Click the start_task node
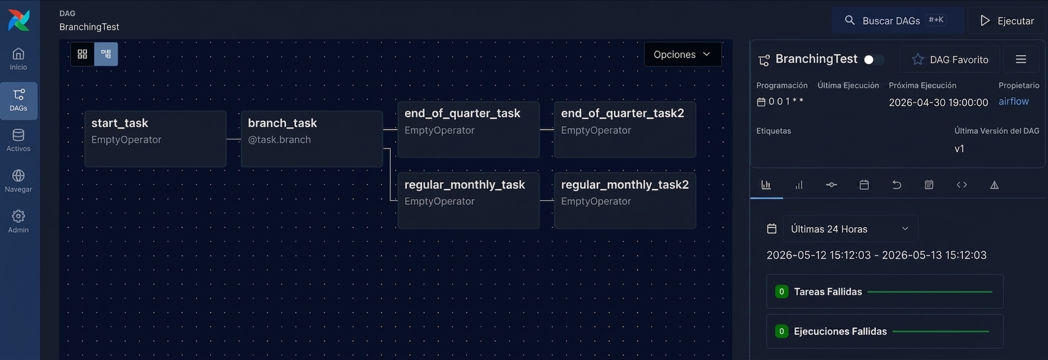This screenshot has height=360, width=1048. click(x=155, y=139)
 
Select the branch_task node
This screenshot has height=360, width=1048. click(x=312, y=139)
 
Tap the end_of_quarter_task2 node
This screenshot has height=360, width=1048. click(x=625, y=129)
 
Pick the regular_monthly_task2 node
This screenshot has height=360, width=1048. click(x=625, y=200)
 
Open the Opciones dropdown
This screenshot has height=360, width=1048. click(x=683, y=54)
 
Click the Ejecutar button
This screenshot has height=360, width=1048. click(x=1007, y=21)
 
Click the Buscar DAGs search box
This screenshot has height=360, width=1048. click(x=898, y=21)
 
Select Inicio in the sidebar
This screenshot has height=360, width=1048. click(x=18, y=59)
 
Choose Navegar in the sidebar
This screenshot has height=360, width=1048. click(x=18, y=181)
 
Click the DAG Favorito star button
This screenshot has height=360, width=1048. click(x=950, y=59)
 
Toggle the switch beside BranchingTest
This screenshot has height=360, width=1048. click(x=874, y=60)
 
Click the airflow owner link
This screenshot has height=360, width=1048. click(x=1014, y=101)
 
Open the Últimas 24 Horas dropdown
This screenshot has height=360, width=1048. click(x=850, y=229)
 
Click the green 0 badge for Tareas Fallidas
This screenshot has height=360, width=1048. click(x=782, y=292)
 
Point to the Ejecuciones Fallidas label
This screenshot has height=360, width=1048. click(x=840, y=332)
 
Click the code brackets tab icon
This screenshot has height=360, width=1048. click(x=962, y=185)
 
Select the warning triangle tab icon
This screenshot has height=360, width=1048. click(x=994, y=185)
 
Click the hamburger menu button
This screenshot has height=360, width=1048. click(x=1021, y=59)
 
